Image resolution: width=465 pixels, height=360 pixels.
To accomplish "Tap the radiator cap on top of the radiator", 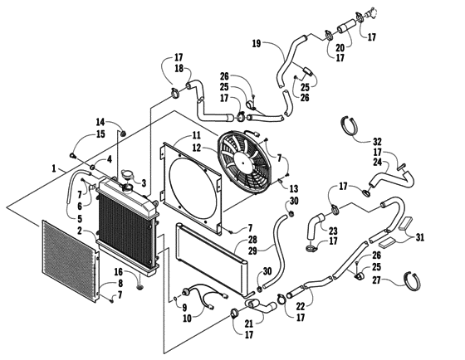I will click(x=129, y=177).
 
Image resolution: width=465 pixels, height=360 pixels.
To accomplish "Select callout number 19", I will click(x=257, y=42).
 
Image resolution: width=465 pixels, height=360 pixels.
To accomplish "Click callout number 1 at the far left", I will click(x=54, y=168).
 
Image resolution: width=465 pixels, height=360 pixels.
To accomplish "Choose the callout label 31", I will click(x=418, y=237).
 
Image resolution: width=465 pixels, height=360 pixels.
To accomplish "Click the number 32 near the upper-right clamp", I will click(x=377, y=141).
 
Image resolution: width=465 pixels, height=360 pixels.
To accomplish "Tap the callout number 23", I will click(x=334, y=231).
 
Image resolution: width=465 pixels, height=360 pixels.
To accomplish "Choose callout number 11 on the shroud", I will click(x=196, y=134).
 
